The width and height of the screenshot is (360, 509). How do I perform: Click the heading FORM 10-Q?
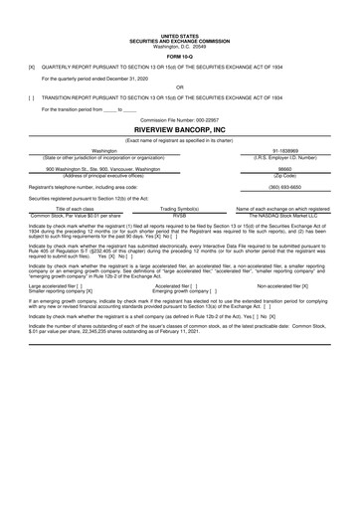click(180, 54)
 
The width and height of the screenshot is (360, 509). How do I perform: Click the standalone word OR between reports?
click(180, 86)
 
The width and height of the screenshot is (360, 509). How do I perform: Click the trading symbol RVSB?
click(180, 214)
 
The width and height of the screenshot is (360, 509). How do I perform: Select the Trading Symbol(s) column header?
click(180, 208)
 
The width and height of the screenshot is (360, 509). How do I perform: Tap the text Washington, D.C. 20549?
click(180, 46)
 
